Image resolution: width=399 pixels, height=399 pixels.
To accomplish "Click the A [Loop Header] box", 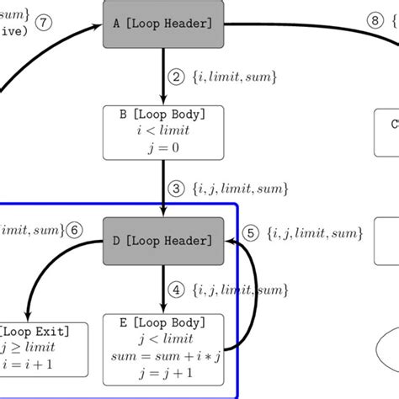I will pyautogui.click(x=163, y=25).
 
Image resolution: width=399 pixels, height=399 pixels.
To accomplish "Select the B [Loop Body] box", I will pyautogui.click(x=163, y=133).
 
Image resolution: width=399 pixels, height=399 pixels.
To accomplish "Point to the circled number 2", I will pyautogui.click(x=177, y=77).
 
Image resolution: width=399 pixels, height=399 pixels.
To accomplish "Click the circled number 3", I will pyautogui.click(x=177, y=187).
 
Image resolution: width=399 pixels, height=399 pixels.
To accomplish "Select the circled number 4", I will pyautogui.click(x=177, y=290).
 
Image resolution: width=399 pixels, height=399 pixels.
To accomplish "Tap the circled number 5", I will pyautogui.click(x=249, y=232).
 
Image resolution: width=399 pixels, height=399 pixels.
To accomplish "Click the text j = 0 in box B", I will pyautogui.click(x=163, y=149).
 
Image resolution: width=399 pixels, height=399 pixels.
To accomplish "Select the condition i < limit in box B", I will pyautogui.click(x=163, y=131).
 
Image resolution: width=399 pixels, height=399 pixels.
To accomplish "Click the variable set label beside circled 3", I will pyautogui.click(x=230, y=187).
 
